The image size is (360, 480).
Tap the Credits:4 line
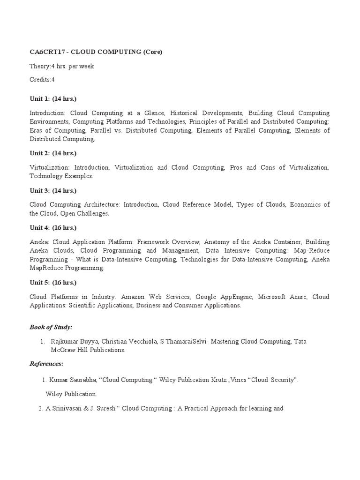pos(42,80)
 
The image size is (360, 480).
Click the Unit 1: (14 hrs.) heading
pos(53,99)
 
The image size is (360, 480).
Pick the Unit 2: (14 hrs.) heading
pos(53,153)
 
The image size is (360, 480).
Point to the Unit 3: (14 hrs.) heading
pos(53,191)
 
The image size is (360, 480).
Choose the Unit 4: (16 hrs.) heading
pos(53,228)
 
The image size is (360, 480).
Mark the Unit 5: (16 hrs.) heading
pos(53,283)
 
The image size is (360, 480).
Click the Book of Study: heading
pos(51,327)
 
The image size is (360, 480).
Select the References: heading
pos(46,364)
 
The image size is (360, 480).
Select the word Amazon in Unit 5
pos(132,297)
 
